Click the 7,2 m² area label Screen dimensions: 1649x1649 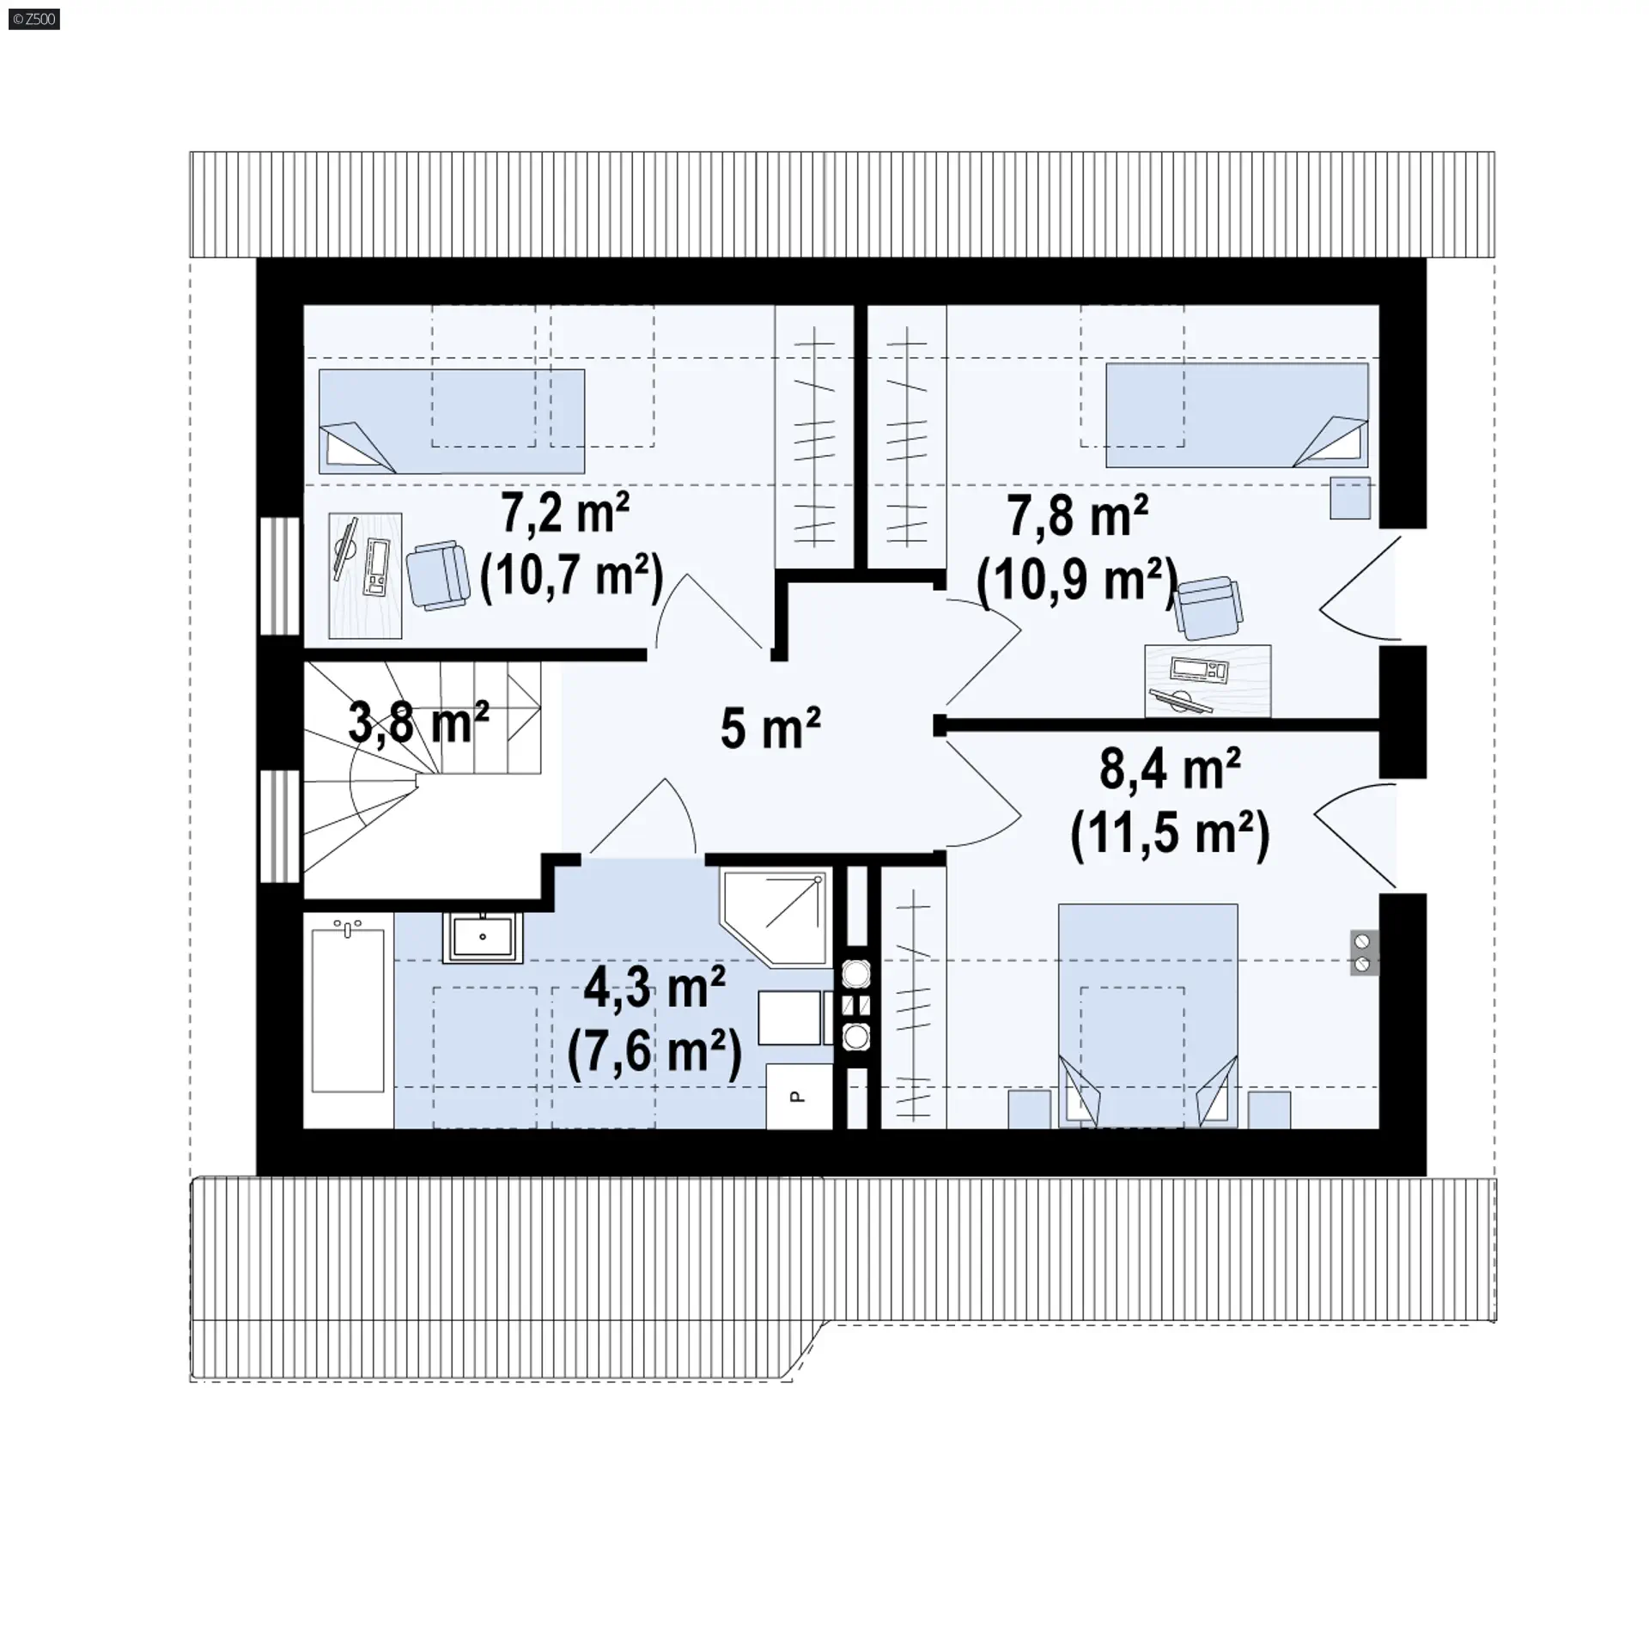click(x=566, y=515)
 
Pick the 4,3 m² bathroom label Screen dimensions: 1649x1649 click(x=654, y=988)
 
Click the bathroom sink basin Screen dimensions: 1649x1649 click(x=483, y=937)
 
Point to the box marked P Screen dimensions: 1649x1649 click(x=799, y=1096)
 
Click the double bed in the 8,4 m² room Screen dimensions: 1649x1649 click(x=1148, y=1015)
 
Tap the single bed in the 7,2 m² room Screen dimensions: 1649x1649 click(x=452, y=421)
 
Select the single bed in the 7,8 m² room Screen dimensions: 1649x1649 click(x=1237, y=415)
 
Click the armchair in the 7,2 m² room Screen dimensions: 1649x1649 click(x=438, y=575)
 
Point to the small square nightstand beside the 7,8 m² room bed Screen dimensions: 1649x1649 click(x=1350, y=498)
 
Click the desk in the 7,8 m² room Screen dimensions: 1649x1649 click(x=1208, y=680)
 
